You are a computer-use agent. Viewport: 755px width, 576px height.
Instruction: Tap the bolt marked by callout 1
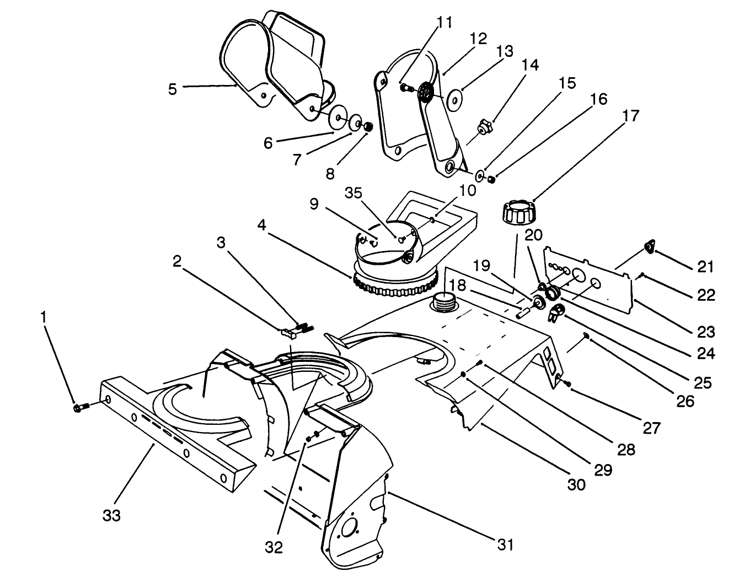(x=78, y=407)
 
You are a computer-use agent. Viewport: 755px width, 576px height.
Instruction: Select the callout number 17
(x=631, y=116)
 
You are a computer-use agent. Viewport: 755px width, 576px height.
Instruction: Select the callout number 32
(x=274, y=547)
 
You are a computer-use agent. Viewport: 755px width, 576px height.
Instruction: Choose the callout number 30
(x=577, y=484)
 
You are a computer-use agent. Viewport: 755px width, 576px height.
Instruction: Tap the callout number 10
(x=467, y=190)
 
